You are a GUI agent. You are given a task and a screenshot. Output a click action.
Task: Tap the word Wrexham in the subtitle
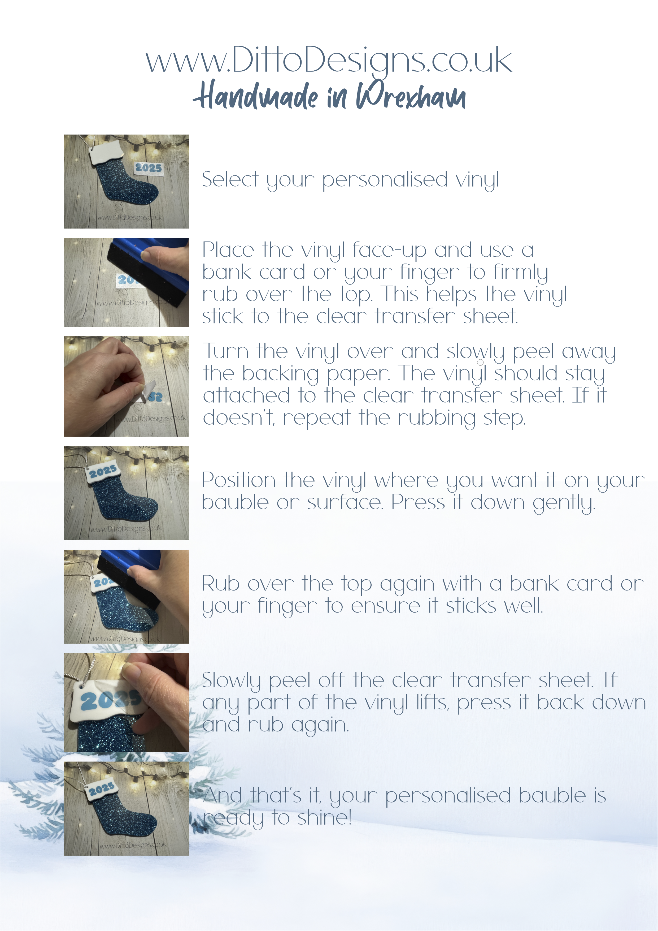coord(411,96)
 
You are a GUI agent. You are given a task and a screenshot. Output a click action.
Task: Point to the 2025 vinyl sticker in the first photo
coord(148,168)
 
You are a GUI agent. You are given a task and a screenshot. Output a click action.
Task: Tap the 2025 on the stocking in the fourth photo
coord(103,471)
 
